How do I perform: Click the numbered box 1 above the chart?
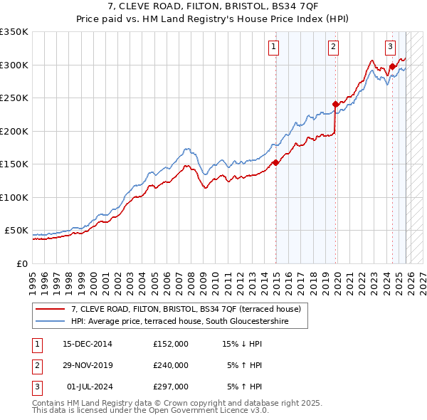[x=274, y=48]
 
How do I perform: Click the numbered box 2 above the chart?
[x=333, y=48]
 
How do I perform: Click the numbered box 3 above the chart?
[x=391, y=48]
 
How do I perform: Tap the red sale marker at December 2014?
[x=275, y=163]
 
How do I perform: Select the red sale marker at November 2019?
[x=335, y=105]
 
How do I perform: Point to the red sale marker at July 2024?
[x=392, y=67]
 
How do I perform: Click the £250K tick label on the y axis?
[x=14, y=98]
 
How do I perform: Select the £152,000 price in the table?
[x=171, y=343]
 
